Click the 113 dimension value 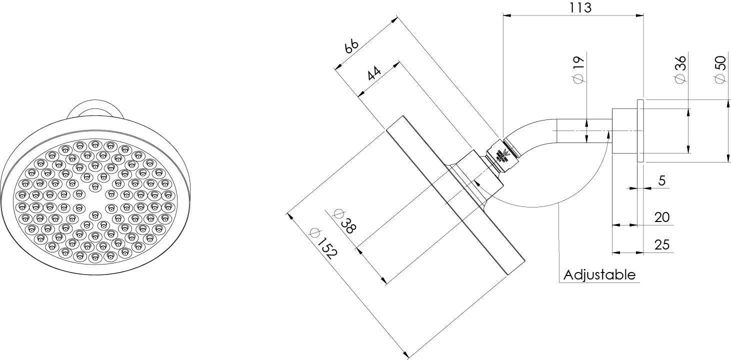(x=580, y=8)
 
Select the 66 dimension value (x=352, y=46)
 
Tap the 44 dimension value (x=374, y=73)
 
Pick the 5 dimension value (x=661, y=180)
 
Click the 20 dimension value (x=661, y=217)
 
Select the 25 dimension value (x=661, y=244)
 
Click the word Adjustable (x=599, y=274)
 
